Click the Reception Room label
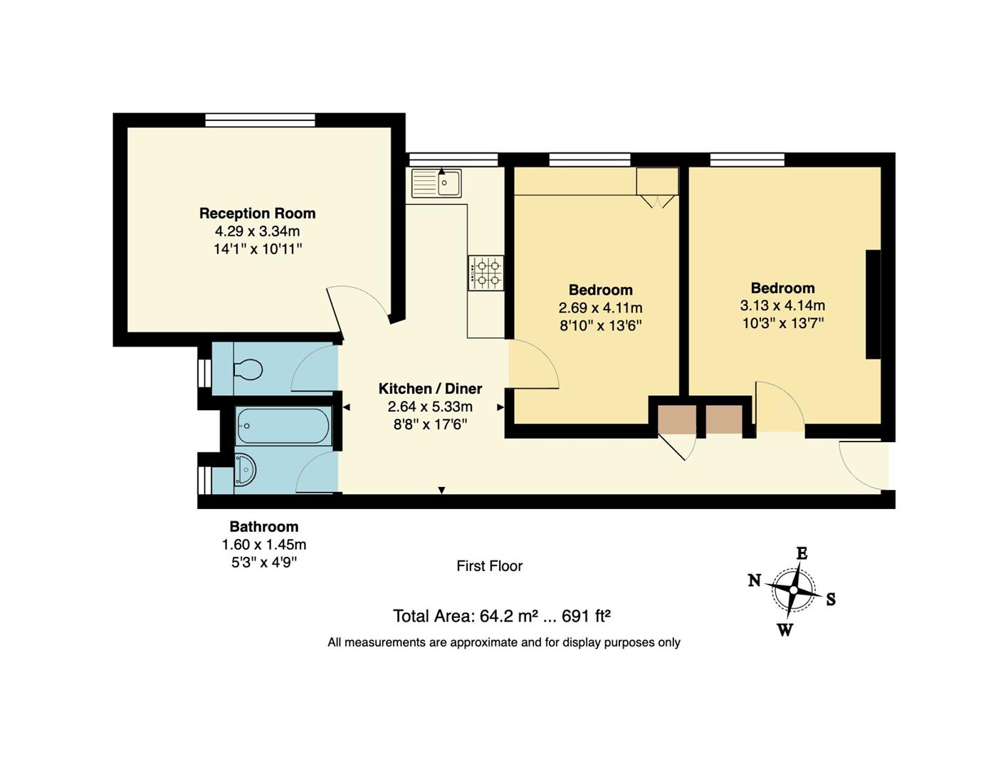[x=257, y=213]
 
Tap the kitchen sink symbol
[x=436, y=183]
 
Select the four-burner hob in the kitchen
[x=486, y=273]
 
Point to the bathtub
[x=283, y=427]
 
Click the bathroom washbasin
[x=244, y=470]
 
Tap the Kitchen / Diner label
[x=430, y=389]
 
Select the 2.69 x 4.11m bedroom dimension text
[x=600, y=308]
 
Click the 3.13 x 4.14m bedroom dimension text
[x=782, y=305]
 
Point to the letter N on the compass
[x=755, y=580]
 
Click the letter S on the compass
[x=831, y=600]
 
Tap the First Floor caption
[x=489, y=566]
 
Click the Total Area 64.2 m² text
[x=502, y=616]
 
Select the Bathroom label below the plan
[x=263, y=527]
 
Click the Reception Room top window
[x=260, y=120]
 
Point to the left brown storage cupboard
[x=676, y=420]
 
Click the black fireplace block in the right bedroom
[x=873, y=305]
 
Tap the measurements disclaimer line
[x=503, y=642]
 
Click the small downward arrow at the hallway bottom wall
[x=441, y=490]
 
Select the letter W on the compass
[x=784, y=629]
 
